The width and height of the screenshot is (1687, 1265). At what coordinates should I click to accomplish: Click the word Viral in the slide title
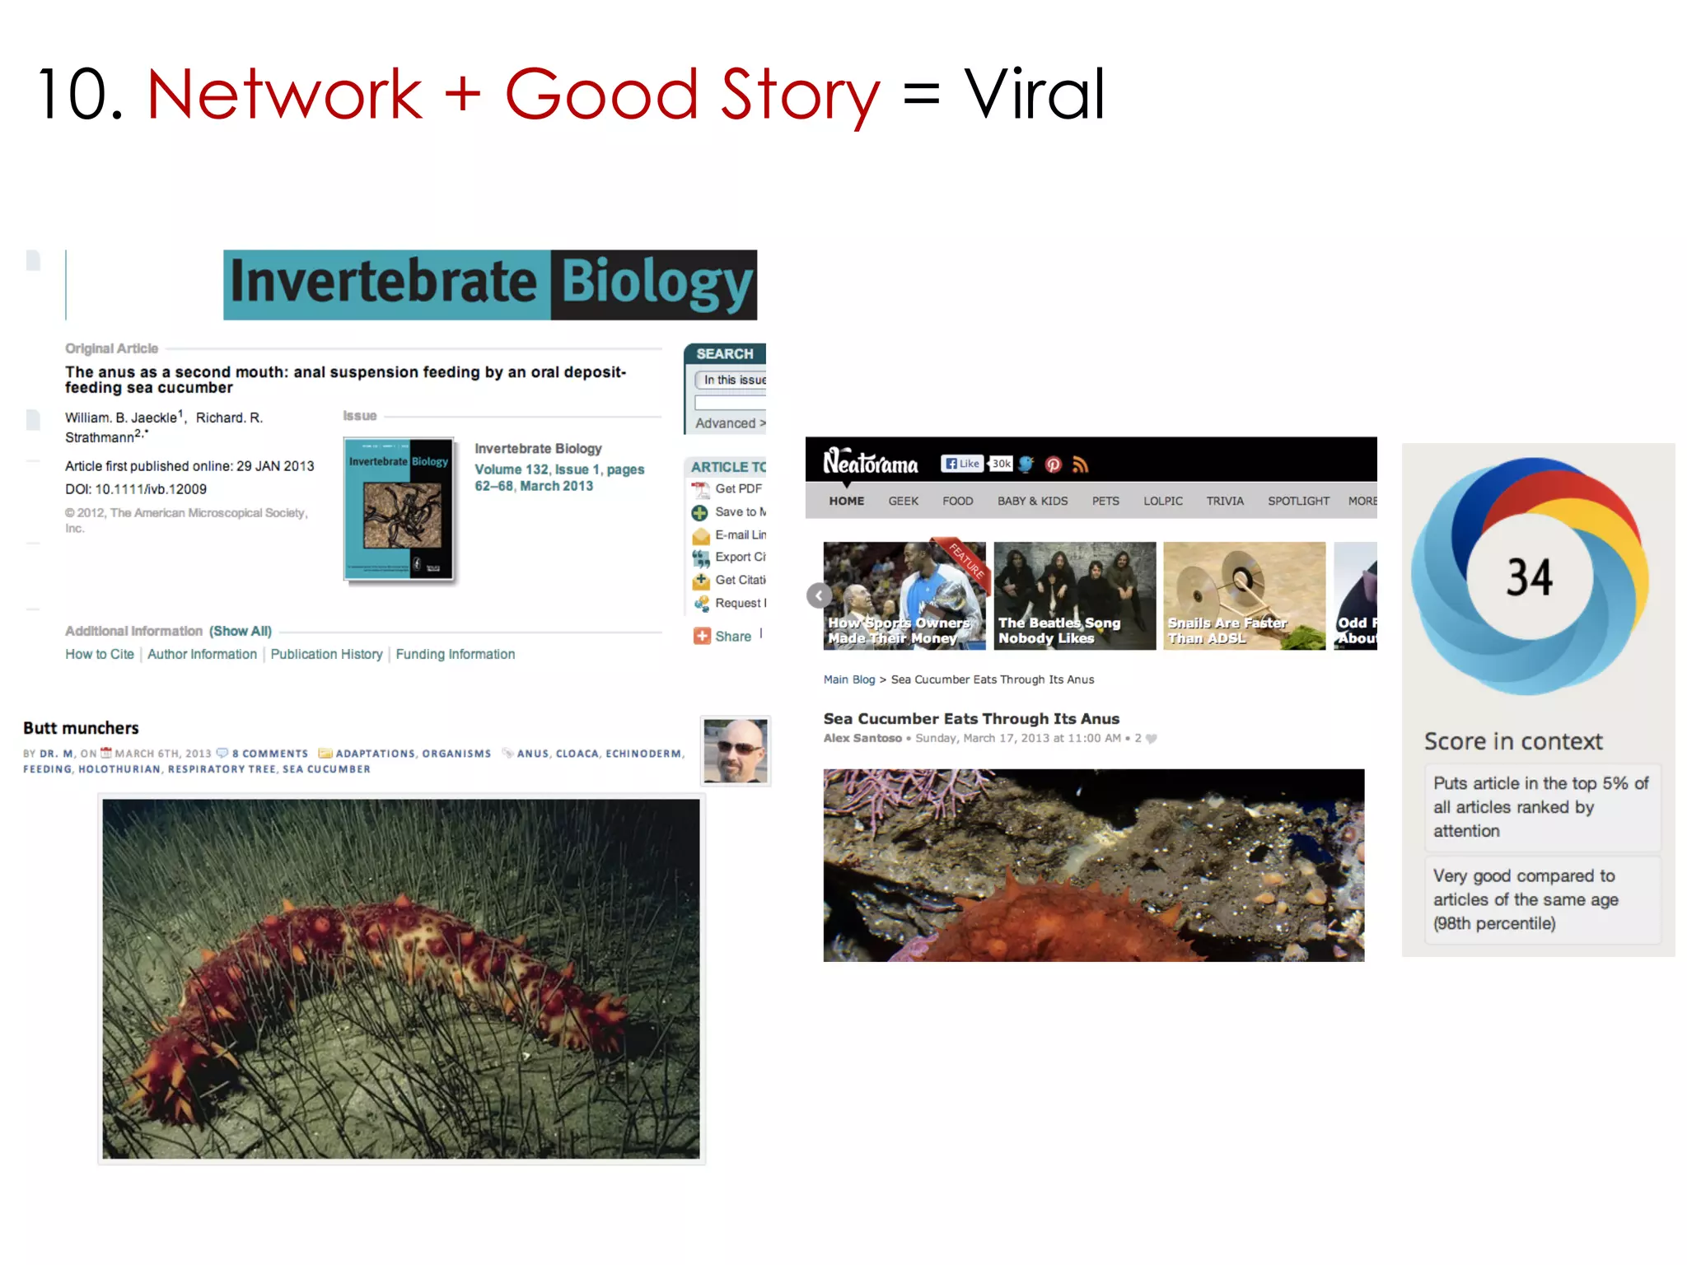pos(1034,95)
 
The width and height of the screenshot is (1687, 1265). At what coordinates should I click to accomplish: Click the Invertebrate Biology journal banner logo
pos(490,284)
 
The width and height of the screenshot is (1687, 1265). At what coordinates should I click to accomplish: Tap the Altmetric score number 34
pos(1530,577)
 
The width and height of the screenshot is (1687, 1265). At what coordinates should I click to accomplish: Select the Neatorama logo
pos(870,463)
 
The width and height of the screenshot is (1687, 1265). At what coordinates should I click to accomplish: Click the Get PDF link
pos(737,489)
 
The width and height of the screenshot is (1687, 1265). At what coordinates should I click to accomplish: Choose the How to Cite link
pos(100,655)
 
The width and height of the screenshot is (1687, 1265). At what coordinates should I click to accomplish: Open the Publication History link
pos(326,655)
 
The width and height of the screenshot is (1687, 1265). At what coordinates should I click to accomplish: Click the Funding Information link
pos(455,655)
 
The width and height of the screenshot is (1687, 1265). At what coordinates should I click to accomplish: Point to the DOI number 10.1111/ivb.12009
pos(151,489)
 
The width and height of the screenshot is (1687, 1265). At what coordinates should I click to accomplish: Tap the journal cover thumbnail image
pos(400,509)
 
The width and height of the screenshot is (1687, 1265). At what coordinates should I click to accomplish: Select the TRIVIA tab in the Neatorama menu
pos(1225,502)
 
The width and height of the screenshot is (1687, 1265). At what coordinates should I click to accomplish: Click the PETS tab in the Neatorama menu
pos(1105,502)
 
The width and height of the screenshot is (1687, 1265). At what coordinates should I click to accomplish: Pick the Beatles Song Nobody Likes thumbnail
pos(1074,595)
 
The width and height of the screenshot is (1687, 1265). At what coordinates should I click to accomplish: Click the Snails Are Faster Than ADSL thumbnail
pos(1244,595)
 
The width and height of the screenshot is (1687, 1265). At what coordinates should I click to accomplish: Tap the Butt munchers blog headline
pos(81,728)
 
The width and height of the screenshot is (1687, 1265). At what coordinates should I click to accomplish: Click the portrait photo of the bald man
pos(736,750)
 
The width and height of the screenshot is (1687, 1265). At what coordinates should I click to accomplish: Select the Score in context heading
pos(1513,742)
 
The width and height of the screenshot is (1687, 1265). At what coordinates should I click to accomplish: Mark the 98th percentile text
pos(1494,924)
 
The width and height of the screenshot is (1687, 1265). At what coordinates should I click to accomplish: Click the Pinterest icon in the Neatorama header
pos(1053,464)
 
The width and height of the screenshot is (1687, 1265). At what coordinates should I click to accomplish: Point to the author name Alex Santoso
pos(862,739)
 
